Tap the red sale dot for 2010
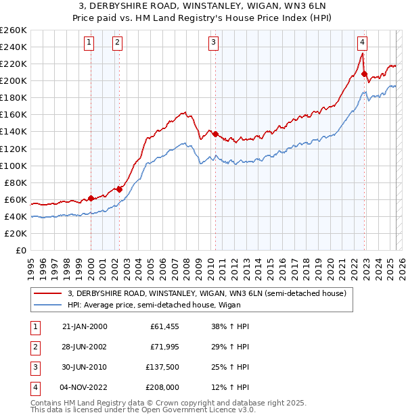(215, 134)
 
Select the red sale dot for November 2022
(364, 74)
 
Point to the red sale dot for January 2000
(91, 198)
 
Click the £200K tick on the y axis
(14, 80)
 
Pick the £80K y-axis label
(16, 182)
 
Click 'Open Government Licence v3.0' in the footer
(195, 410)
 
